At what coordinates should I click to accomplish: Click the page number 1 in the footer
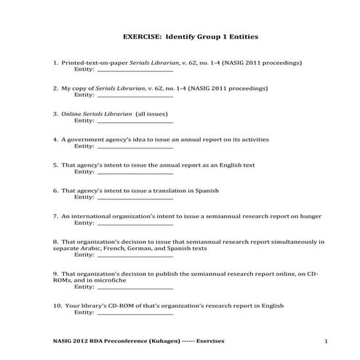[327, 341]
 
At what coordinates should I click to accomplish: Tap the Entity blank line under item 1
[135, 71]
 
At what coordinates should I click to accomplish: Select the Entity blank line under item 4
[135, 147]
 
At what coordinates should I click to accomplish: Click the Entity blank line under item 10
[135, 313]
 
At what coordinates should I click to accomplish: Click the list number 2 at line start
[55, 88]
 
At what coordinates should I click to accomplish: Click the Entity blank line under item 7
[135, 223]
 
